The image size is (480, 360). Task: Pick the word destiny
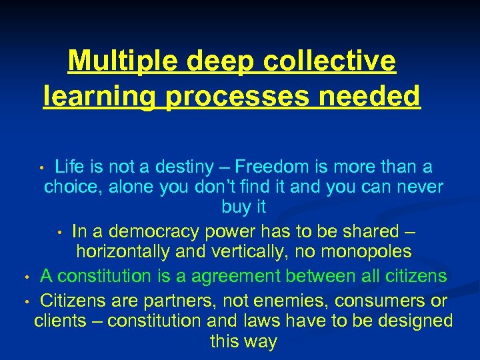pyautogui.click(x=181, y=167)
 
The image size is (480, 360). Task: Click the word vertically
pyautogui.click(x=257, y=252)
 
